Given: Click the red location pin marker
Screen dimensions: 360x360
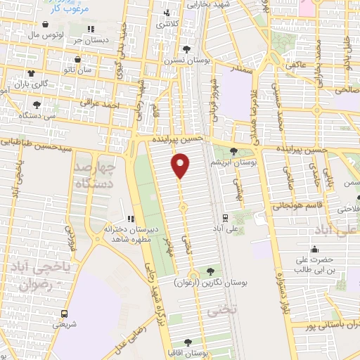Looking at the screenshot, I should pos(181,166).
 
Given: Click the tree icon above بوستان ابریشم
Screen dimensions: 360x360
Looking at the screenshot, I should pos(233,151).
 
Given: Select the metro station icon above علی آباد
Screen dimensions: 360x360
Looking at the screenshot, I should pos(225,217).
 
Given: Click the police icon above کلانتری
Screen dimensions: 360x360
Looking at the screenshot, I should pos(167,13).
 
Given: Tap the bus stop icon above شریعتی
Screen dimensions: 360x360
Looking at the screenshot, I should pos(65,313).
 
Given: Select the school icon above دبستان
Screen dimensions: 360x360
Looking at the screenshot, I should pos(91,29).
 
